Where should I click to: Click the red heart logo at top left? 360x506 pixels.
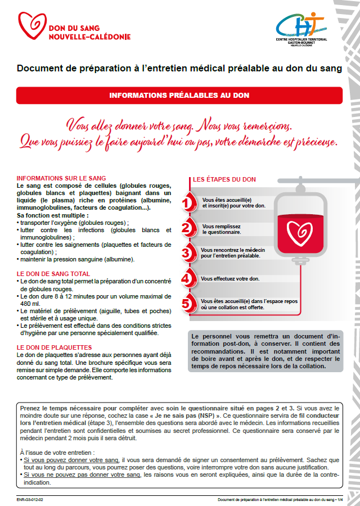(x=31, y=25)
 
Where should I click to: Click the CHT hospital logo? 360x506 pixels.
(x=300, y=27)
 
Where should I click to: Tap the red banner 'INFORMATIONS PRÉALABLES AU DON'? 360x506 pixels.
(x=179, y=96)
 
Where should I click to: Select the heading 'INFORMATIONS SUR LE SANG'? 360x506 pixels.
(x=61, y=178)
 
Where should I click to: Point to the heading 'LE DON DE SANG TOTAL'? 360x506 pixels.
(x=53, y=274)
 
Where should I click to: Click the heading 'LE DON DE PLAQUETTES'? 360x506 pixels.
(x=54, y=347)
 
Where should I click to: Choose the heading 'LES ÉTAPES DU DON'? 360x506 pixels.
(x=224, y=180)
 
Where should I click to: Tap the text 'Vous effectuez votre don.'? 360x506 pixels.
(x=230, y=279)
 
